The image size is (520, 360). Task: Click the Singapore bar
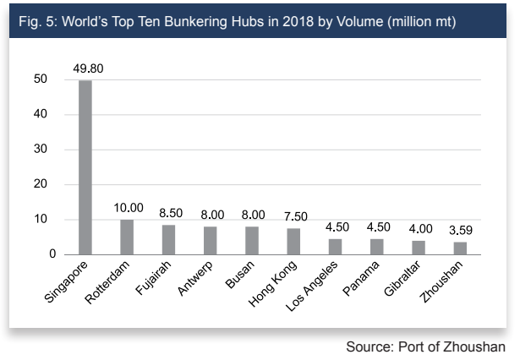85,167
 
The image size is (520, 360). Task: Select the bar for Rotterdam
127,237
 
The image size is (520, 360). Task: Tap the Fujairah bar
169,240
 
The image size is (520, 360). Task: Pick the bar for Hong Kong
293,242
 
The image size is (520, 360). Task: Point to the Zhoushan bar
460,248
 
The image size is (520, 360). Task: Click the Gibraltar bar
419,248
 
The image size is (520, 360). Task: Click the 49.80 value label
88,68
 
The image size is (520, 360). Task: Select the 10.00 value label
129,208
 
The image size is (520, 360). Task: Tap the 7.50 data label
296,216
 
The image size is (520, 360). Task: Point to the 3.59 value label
461,230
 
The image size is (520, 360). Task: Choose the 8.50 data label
171,213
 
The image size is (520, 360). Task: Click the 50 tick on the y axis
41,79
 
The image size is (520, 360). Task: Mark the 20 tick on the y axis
41,184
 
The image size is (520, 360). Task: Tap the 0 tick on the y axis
52,254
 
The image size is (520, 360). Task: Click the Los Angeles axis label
311,286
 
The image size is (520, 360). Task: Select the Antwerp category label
195,278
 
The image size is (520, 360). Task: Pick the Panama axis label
361,278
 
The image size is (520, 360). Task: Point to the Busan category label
240,274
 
